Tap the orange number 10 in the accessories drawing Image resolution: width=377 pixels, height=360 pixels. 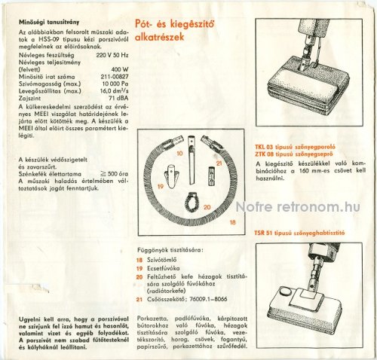click(179, 153)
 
